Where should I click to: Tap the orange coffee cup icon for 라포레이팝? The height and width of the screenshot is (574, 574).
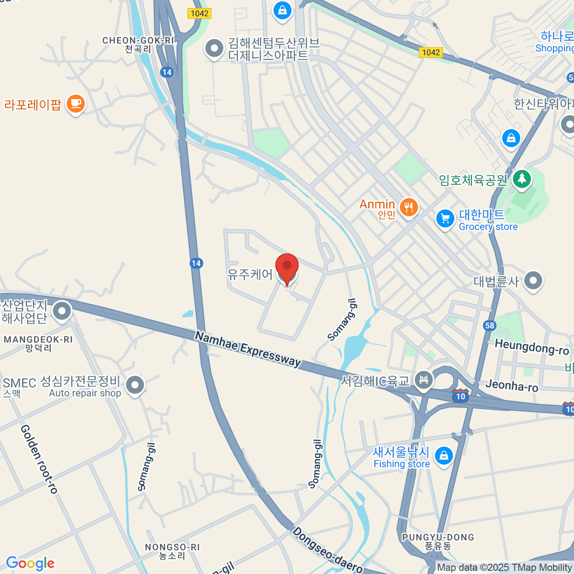[x=76, y=103]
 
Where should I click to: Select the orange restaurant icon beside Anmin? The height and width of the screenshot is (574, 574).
[x=408, y=208]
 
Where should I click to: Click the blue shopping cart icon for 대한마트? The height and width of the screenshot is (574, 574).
[x=445, y=219]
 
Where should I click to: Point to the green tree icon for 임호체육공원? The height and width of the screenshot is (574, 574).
[x=522, y=179]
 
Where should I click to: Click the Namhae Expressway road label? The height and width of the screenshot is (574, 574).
[x=248, y=350]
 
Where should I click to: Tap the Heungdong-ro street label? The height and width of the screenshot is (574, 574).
[x=531, y=347]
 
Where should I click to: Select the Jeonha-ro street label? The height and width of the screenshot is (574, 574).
[x=512, y=385]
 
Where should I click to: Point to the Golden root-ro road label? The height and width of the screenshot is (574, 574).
[x=39, y=459]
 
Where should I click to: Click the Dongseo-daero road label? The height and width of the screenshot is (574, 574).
[x=328, y=550]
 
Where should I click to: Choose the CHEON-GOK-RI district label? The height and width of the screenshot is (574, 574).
[x=138, y=41]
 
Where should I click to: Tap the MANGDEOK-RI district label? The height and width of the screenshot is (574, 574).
[x=38, y=340]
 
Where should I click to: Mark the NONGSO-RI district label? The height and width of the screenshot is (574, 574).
[x=172, y=547]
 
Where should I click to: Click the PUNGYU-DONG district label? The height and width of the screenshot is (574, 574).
[x=438, y=537]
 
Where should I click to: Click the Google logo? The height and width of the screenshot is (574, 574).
[x=30, y=563]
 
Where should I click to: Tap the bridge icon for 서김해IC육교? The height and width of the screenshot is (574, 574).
[x=423, y=380]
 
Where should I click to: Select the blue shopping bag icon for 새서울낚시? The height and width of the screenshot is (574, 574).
[x=444, y=456]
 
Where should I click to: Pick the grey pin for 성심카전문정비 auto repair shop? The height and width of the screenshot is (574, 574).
[x=135, y=385]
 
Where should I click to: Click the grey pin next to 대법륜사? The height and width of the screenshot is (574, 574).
[x=533, y=280]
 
